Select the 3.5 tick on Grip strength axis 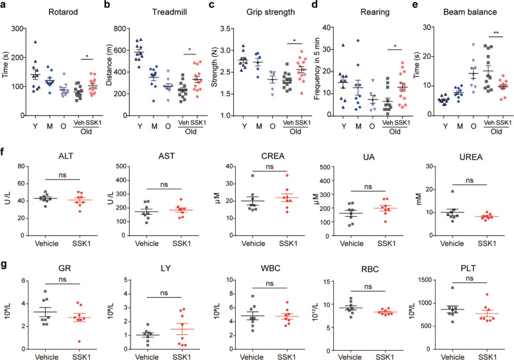(237, 29)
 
